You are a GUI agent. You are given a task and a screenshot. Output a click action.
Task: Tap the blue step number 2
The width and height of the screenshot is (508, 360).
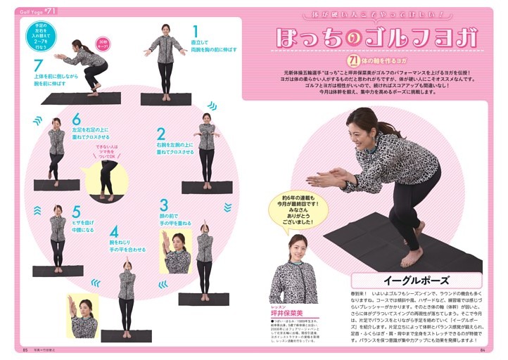tap(160, 134)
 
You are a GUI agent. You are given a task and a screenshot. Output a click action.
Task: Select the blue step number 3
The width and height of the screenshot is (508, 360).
tap(164, 205)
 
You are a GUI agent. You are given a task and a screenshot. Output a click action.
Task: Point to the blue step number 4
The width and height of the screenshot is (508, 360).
tap(113, 231)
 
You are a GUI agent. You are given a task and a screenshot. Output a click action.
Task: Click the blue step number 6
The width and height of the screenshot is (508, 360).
tap(76, 120)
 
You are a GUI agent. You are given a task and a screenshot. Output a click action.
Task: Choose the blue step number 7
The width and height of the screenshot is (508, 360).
tap(38, 65)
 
